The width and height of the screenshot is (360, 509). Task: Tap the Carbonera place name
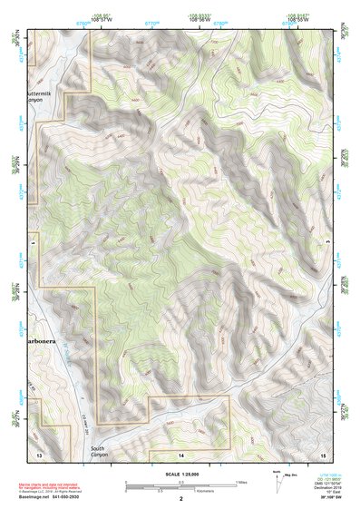(43, 342)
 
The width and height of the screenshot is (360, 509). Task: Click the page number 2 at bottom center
(180, 499)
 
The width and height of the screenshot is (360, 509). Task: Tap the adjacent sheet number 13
(39, 452)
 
